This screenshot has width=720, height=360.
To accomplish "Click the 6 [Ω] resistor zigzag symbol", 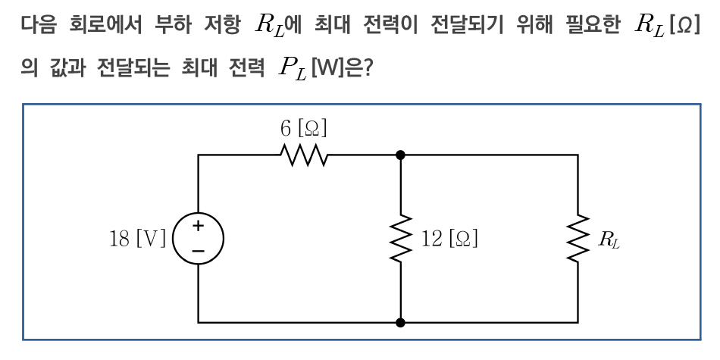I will click(x=304, y=155).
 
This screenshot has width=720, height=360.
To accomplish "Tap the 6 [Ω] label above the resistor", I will click(x=304, y=129).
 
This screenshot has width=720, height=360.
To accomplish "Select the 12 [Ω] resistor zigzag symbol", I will click(x=400, y=239).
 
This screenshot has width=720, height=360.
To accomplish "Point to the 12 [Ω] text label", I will click(x=449, y=240).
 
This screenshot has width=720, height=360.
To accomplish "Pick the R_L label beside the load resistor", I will click(x=608, y=241).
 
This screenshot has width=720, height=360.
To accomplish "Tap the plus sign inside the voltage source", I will click(x=199, y=225).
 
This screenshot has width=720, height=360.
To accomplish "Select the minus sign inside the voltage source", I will click(x=199, y=249).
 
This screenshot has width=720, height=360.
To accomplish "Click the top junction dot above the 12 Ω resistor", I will click(x=400, y=155).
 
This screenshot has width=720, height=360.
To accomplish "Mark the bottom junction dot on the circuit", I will click(x=400, y=322).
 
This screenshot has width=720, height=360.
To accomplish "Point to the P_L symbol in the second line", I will click(x=292, y=70).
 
